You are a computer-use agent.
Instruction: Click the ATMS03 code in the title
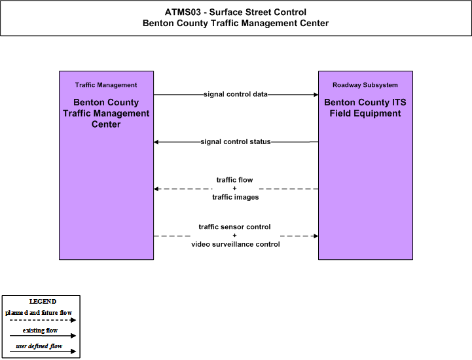click(183, 12)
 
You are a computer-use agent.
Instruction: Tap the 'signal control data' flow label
click(236, 94)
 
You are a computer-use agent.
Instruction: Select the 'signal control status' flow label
click(236, 141)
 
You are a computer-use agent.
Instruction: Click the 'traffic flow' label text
click(234, 180)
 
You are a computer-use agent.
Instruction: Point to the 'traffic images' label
click(236, 197)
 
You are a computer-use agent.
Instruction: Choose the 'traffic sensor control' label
click(234, 226)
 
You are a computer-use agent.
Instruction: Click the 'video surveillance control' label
click(236, 243)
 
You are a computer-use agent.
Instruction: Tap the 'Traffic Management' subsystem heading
click(106, 85)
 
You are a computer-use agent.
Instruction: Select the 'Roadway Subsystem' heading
click(365, 85)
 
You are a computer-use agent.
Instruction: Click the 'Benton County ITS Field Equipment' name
click(365, 108)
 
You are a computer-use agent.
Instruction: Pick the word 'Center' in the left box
click(106, 124)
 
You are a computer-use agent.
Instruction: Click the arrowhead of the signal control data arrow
click(316, 94)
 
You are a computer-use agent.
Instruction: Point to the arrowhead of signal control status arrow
click(156, 142)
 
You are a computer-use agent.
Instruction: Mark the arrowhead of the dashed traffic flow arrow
click(156, 189)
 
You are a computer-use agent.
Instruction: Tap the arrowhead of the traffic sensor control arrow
click(316, 236)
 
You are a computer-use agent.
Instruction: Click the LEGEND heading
click(43, 301)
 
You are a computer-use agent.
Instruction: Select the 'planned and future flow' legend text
click(39, 313)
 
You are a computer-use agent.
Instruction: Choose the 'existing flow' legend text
click(40, 330)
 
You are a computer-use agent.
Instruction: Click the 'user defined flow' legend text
click(39, 346)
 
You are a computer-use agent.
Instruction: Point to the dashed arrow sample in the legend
click(43, 320)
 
